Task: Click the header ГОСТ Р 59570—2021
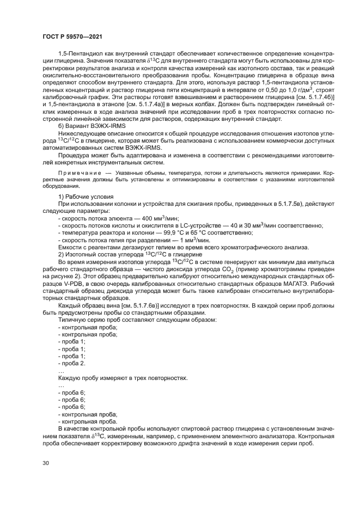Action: click(x=70, y=36)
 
